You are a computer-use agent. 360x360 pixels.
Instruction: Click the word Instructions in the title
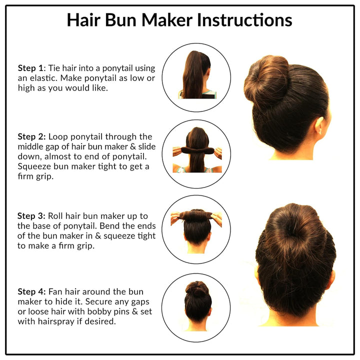244,20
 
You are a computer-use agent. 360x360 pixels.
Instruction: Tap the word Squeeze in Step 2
33,166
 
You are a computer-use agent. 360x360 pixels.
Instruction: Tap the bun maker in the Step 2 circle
196,150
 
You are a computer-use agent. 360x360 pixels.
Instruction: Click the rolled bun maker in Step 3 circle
196,215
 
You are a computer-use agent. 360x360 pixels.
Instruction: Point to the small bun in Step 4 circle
196,288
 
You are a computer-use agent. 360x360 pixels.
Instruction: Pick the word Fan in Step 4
54,291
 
